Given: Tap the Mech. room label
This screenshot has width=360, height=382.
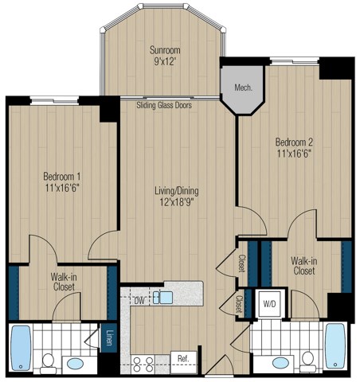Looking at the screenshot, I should pos(242,88).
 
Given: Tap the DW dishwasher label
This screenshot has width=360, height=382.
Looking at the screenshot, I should pos(139,300).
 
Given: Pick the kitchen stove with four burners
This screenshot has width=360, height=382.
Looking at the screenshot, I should pos(144,363).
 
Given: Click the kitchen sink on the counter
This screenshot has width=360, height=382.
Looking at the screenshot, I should pos(162,298).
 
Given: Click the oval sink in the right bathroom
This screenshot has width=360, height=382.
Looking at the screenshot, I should pos(280,364).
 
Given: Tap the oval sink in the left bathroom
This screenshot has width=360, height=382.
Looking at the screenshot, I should pos(75,364).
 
